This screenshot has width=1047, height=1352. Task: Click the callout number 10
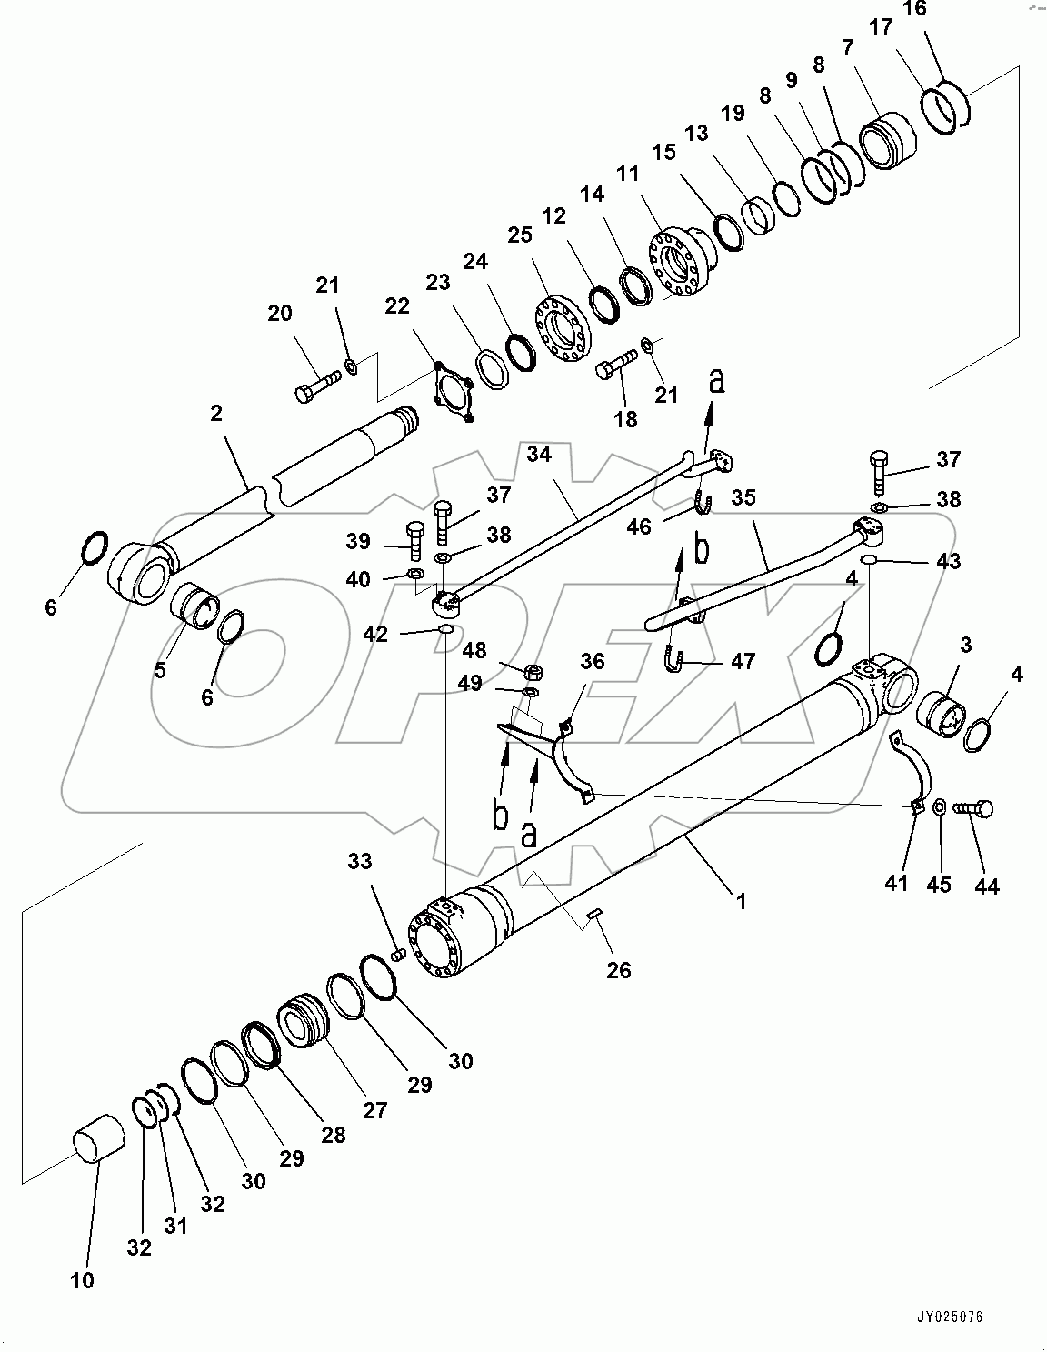[x=82, y=1280]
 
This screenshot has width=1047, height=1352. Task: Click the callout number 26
[x=618, y=970]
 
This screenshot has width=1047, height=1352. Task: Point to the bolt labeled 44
[x=973, y=807]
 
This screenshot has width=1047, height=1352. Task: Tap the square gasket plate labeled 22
[x=451, y=393]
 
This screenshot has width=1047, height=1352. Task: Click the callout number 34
[x=540, y=454]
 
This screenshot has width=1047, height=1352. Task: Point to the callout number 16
[x=914, y=9]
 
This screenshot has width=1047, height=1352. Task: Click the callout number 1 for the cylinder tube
[x=742, y=901]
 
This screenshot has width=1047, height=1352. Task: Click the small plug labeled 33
[x=396, y=955]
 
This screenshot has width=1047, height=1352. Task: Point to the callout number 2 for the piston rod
[x=215, y=414]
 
